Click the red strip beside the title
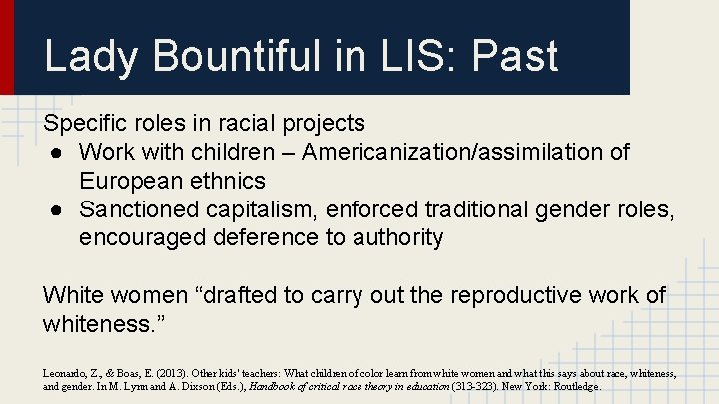(x=7, y=47)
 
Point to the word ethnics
(x=229, y=181)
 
